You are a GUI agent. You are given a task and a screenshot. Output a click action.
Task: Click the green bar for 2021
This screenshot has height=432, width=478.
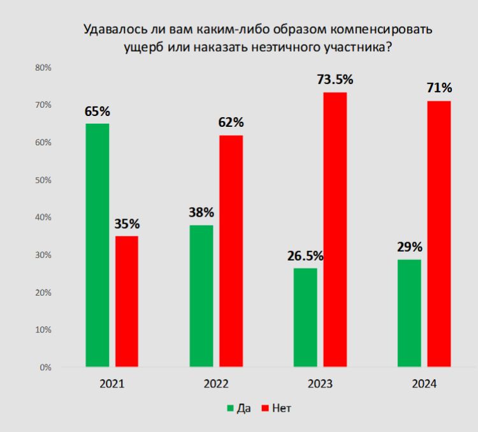(x=98, y=245)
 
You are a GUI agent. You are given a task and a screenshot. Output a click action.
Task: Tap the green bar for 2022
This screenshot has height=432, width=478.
(x=201, y=296)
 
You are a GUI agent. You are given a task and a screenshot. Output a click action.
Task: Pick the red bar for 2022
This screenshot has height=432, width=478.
(x=231, y=251)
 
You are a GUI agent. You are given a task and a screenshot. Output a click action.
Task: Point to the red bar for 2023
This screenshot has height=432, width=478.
(x=335, y=229)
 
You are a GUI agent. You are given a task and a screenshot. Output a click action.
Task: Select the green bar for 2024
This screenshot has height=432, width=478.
(x=409, y=313)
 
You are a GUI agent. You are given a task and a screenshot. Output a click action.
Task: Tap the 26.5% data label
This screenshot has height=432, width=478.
(x=305, y=256)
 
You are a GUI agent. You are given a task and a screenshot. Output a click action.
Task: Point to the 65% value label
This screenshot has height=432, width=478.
(x=98, y=112)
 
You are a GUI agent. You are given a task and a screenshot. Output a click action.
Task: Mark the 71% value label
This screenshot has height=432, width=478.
(x=439, y=88)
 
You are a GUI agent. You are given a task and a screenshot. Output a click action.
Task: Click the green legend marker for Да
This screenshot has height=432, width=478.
(x=230, y=408)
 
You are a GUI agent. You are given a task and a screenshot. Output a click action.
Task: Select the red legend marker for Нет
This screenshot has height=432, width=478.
(x=265, y=408)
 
